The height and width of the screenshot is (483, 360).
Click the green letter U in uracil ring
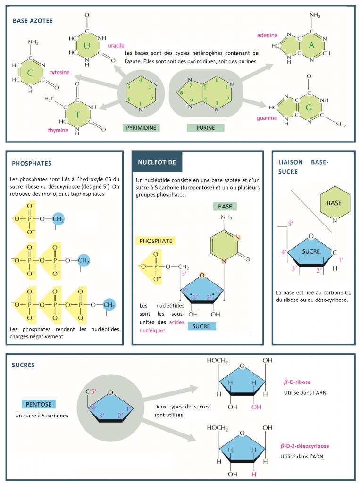pyautogui.click(x=87, y=46)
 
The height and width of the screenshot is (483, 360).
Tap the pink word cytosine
pyautogui.click(x=59, y=72)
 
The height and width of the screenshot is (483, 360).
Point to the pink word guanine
pyautogui.click(x=267, y=118)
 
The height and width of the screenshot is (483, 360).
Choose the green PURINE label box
pyautogui.click(x=206, y=127)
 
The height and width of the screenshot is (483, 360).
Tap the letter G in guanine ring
pyautogui.click(x=309, y=107)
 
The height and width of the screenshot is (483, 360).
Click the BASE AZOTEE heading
pyautogui.click(x=33, y=21)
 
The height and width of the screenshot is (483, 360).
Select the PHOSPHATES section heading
pyautogui.click(x=32, y=164)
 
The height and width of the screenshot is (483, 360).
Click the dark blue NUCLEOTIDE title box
pyautogui.click(x=157, y=162)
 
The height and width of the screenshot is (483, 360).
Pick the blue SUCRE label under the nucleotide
pyautogui.click(x=201, y=326)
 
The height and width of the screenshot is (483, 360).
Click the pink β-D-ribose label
pyautogui.click(x=297, y=383)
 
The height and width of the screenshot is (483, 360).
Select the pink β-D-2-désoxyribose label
pyautogui.click(x=304, y=446)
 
